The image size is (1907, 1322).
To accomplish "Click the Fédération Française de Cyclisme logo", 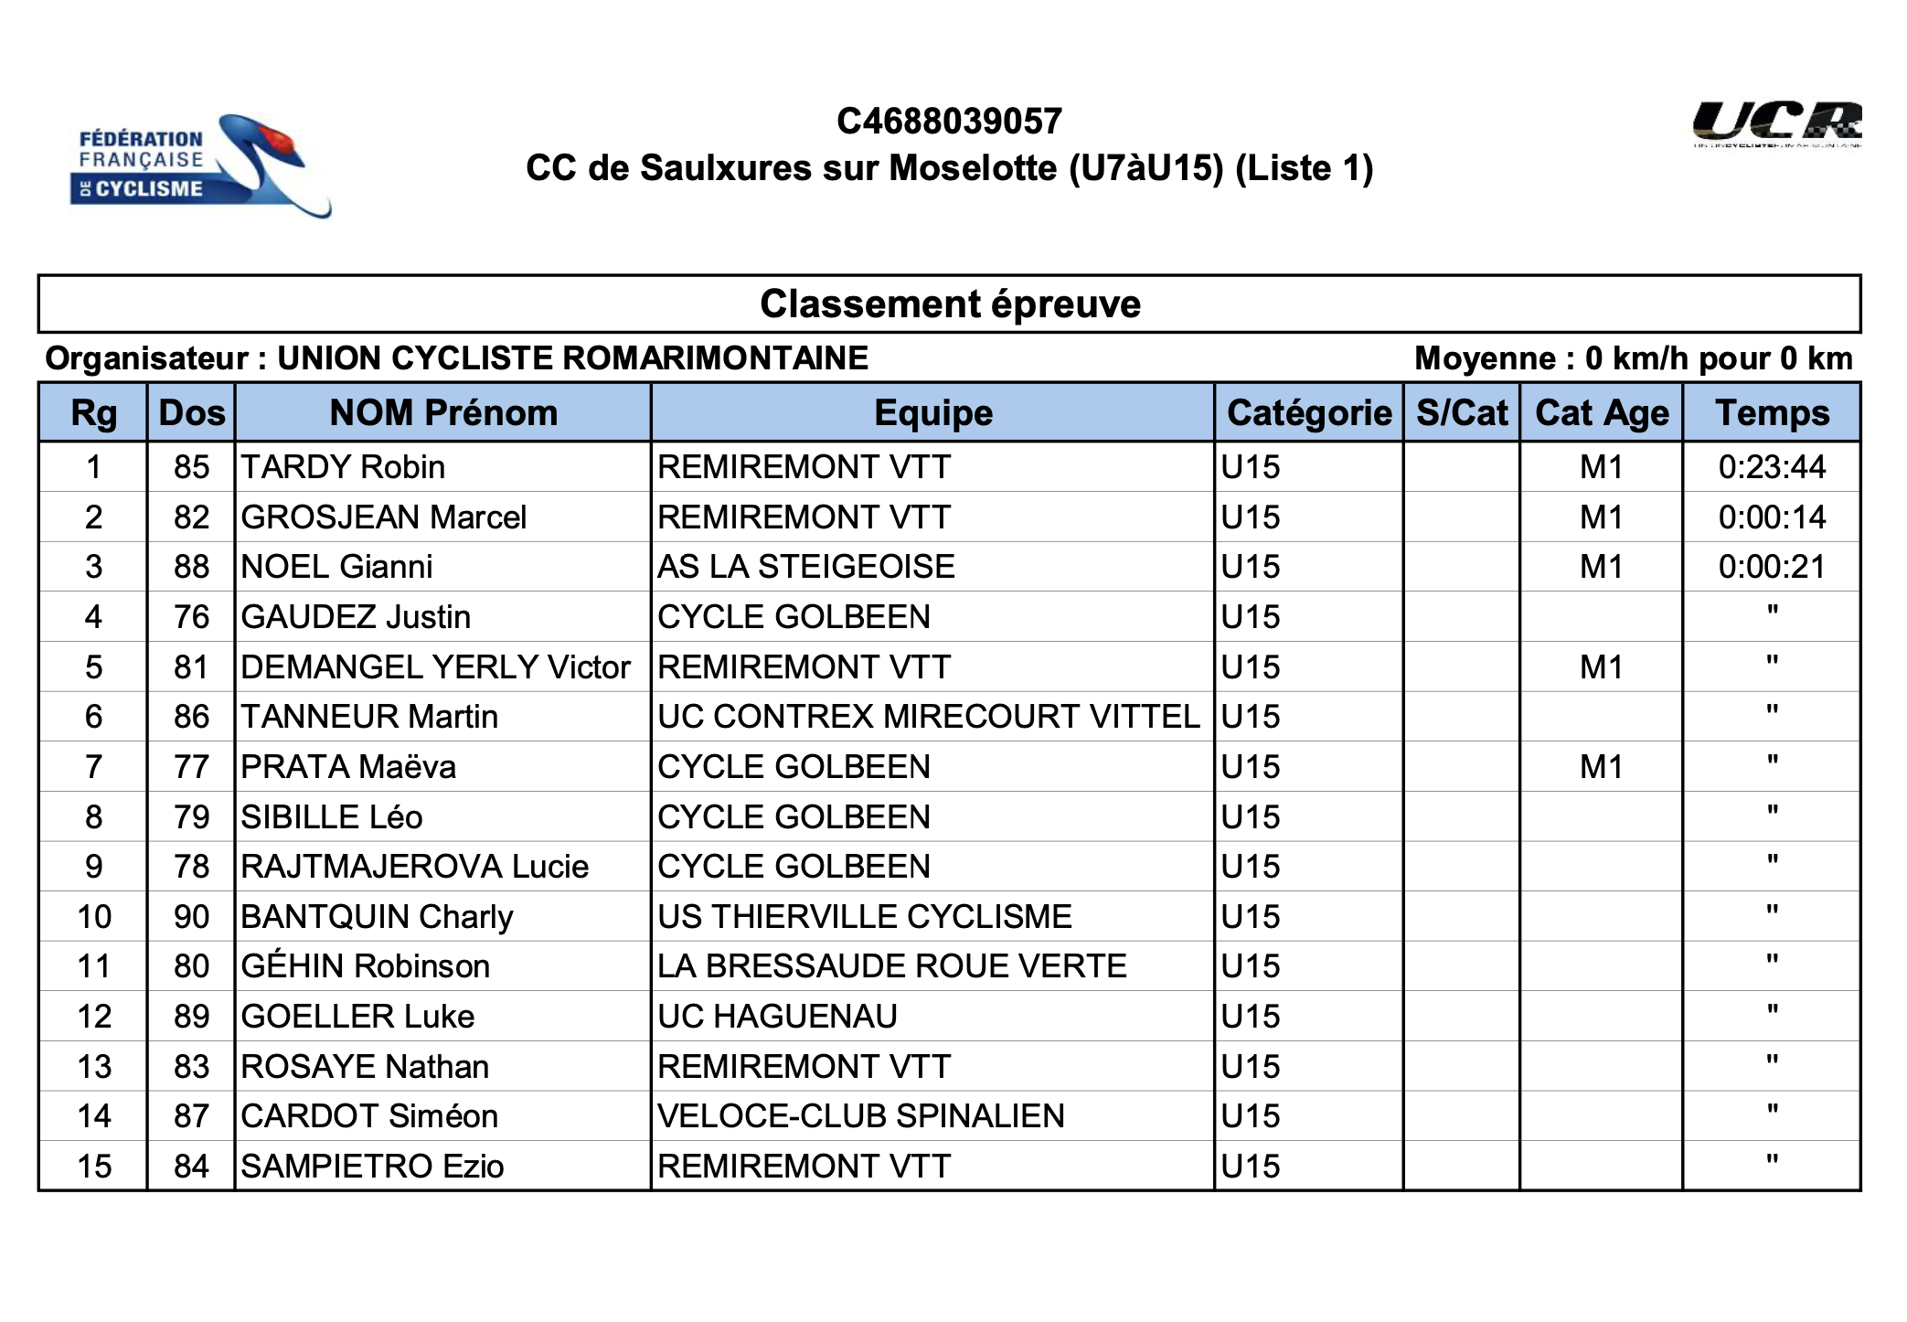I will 199,165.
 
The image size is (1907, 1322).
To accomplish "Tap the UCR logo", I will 1775,124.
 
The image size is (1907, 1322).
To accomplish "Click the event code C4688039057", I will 949,122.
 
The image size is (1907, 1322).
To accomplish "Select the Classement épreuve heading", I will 950,304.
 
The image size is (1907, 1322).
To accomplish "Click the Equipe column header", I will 932,413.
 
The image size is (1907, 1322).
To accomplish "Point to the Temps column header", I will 1772,413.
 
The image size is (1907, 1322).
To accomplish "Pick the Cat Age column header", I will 1602,413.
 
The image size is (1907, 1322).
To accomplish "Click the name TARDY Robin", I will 343,468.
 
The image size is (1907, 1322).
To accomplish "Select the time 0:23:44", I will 1772,468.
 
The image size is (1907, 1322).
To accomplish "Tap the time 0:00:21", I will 1772,568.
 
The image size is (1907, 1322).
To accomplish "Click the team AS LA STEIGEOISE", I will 805,568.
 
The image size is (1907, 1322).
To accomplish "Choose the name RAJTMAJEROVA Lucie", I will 414,867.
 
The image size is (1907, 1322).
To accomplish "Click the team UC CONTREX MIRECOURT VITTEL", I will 928,717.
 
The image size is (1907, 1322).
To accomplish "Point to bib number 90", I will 191,917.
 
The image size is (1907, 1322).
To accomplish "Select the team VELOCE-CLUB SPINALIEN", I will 860,1116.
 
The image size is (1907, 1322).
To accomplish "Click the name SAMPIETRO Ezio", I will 372,1167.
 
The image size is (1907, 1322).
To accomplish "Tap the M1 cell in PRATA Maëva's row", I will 1601,767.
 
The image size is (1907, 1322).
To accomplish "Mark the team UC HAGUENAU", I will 777,1017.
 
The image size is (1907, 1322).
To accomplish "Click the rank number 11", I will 93,966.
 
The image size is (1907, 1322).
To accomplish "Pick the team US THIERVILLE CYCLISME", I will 864,917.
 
